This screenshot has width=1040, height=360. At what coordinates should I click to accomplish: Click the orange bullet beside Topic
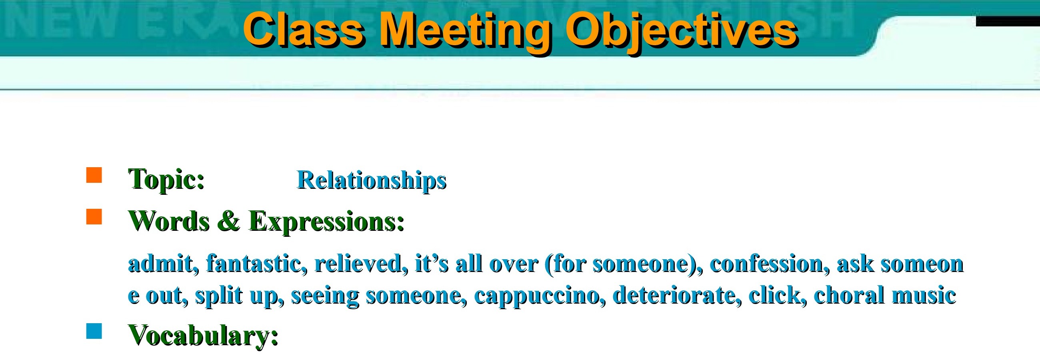94,176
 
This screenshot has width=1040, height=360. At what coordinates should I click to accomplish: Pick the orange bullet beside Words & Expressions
94,217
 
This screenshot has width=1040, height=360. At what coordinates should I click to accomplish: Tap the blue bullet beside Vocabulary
94,331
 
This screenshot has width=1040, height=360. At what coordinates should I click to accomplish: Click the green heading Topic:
166,179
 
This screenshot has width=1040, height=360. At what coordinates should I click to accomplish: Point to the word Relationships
372,180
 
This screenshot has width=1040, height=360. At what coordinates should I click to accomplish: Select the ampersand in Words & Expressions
228,221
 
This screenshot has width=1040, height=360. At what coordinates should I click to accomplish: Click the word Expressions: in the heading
327,222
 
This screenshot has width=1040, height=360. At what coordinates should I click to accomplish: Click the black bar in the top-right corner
1008,21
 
